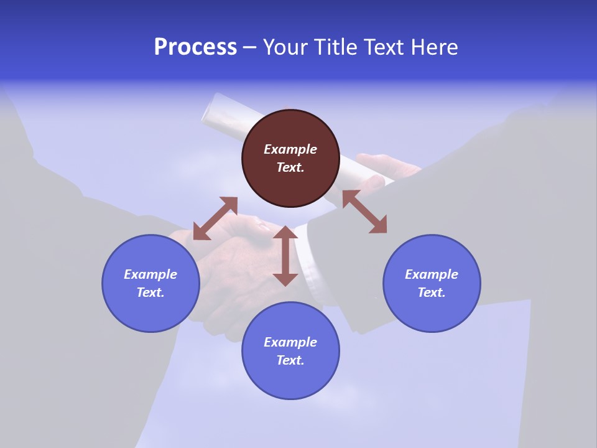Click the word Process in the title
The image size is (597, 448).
pyautogui.click(x=195, y=47)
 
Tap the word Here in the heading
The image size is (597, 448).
pyautogui.click(x=435, y=47)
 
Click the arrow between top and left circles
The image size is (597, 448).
pyautogui.click(x=215, y=218)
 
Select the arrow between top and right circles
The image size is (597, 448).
pyautogui.click(x=364, y=212)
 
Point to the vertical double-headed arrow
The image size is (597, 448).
pyautogui.click(x=285, y=256)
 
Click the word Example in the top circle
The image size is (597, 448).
pyautogui.click(x=290, y=149)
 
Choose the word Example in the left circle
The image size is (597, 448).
pyautogui.click(x=150, y=274)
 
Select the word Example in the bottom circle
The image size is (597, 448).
pyautogui.click(x=290, y=342)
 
